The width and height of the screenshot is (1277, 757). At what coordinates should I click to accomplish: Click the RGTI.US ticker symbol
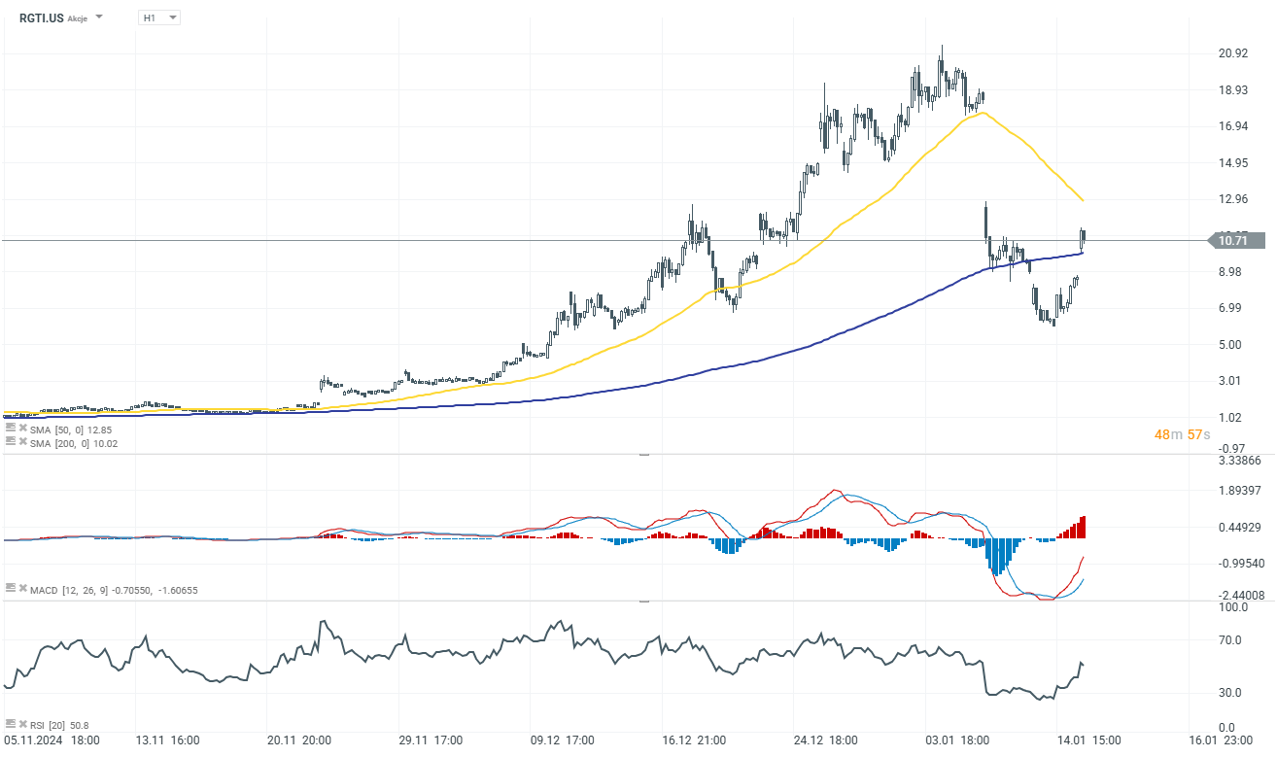pos(41,17)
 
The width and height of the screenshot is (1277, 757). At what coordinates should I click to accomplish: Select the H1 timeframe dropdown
pos(158,17)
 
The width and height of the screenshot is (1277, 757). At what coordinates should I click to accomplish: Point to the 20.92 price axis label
pos(1233,53)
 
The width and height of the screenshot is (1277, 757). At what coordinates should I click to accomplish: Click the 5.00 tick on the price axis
pos(1230,344)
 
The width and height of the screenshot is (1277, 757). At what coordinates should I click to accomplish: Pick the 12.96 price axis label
pos(1233,199)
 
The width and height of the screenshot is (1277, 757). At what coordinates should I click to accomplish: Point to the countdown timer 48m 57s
pos(1181,434)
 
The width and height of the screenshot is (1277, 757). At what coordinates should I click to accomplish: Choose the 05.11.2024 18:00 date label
pos(52,740)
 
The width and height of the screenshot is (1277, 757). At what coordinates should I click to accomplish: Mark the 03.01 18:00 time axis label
pos(958,740)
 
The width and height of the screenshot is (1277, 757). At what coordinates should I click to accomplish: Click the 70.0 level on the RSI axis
pos(1231,640)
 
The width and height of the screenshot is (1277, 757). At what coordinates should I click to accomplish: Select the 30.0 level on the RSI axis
pos(1231,693)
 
